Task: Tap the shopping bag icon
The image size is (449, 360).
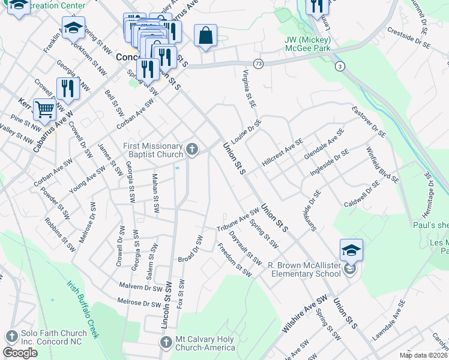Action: point(205,35)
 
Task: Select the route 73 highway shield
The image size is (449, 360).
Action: point(258,63)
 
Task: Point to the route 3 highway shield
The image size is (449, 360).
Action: point(340,66)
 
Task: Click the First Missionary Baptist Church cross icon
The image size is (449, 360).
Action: point(191,149)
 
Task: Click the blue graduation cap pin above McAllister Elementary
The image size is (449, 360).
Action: point(351,250)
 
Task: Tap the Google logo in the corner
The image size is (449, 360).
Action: point(20,353)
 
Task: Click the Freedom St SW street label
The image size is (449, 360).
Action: point(234,260)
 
